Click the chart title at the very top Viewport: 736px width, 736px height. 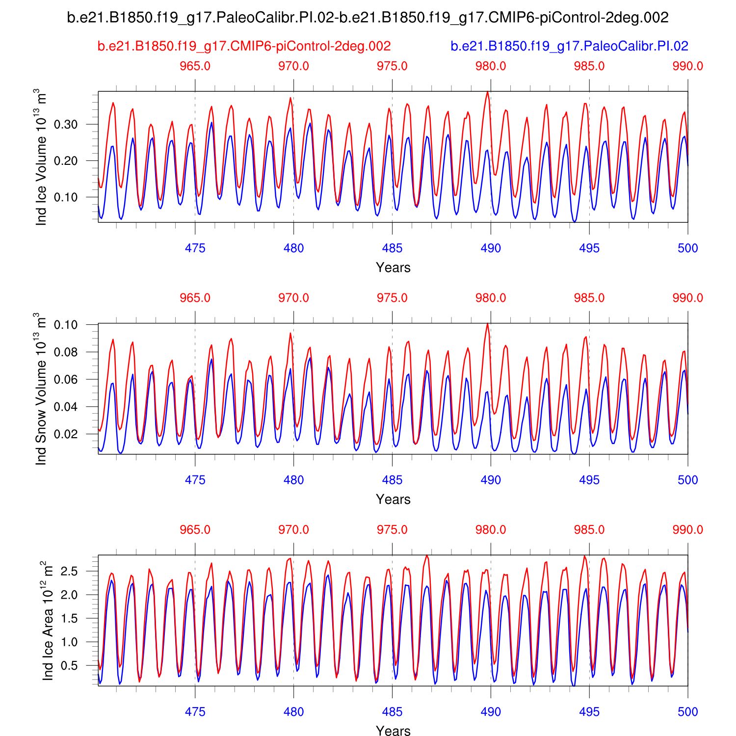click(368, 18)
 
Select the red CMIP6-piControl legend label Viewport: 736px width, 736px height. click(244, 46)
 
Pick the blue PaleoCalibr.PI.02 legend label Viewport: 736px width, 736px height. click(569, 46)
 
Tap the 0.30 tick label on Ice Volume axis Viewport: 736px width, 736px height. click(66, 125)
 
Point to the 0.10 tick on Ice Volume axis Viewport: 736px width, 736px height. click(66, 197)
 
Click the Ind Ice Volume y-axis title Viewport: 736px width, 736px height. click(42, 157)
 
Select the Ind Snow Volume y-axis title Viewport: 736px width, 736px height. click(42, 389)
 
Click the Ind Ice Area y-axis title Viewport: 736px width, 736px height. click(48, 620)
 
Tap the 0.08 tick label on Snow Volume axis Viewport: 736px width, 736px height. click(66, 352)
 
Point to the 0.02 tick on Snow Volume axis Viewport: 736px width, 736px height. click(66, 434)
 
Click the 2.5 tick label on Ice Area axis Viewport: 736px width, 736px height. click(69, 571)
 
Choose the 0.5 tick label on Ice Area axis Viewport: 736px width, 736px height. click(69, 666)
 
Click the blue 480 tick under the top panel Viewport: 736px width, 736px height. click(293, 248)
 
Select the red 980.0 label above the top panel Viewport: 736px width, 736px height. click(491, 66)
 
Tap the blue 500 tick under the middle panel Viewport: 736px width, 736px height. click(687, 480)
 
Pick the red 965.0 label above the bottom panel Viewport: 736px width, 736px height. click(195, 530)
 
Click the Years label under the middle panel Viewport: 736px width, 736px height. click(393, 499)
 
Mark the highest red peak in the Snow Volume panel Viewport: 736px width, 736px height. click(487, 324)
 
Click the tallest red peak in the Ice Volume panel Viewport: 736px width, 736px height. click(487, 92)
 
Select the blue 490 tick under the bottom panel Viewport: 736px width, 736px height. click(491, 712)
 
